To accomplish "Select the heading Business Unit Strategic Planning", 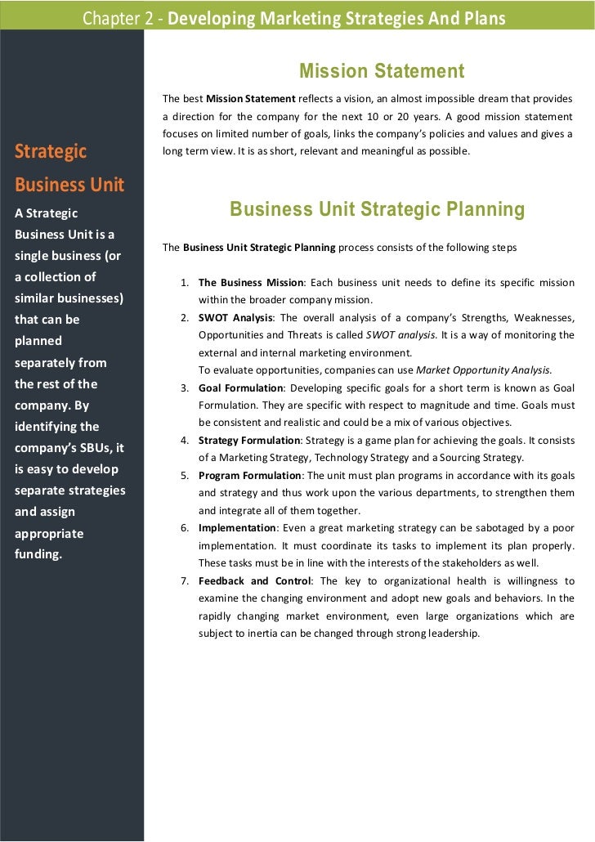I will [377, 210].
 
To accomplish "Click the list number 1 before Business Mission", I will [186, 283].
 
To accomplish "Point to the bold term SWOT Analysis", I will [234, 318].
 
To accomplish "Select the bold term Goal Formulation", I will [240, 387].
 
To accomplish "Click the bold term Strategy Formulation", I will [249, 441].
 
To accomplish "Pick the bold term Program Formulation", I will [250, 476].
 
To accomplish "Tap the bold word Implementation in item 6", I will [237, 527].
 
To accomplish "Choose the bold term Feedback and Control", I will [255, 581].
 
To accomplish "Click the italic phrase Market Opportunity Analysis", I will [484, 369].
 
